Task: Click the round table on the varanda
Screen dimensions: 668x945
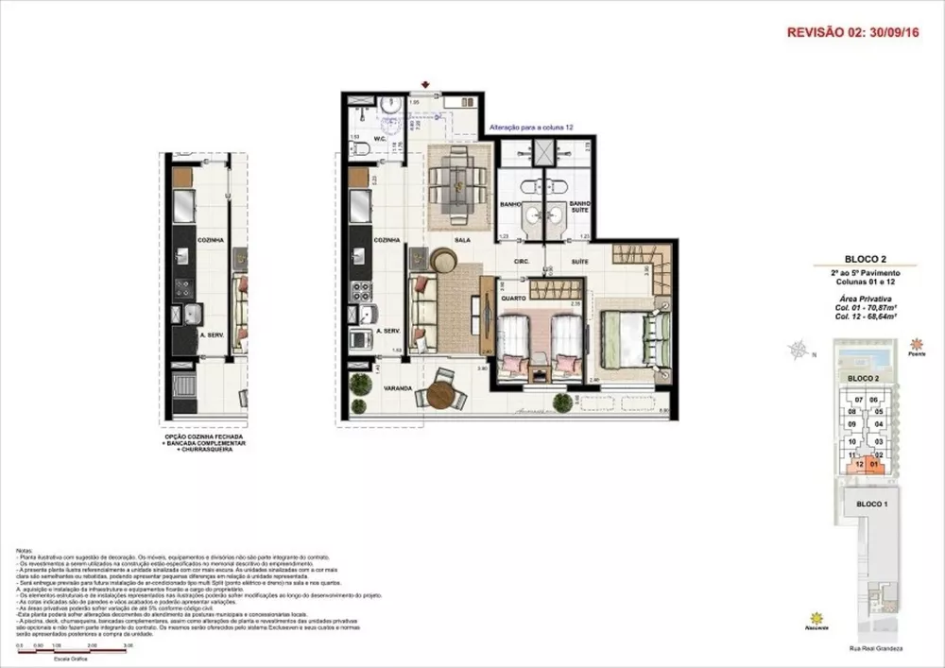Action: click(440, 395)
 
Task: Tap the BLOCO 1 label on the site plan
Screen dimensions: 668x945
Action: click(871, 505)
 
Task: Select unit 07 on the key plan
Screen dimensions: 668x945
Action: click(860, 400)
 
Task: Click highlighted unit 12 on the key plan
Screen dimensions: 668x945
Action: click(860, 464)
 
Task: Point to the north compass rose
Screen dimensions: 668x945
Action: click(799, 350)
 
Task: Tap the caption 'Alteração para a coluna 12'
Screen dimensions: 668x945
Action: click(531, 126)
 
